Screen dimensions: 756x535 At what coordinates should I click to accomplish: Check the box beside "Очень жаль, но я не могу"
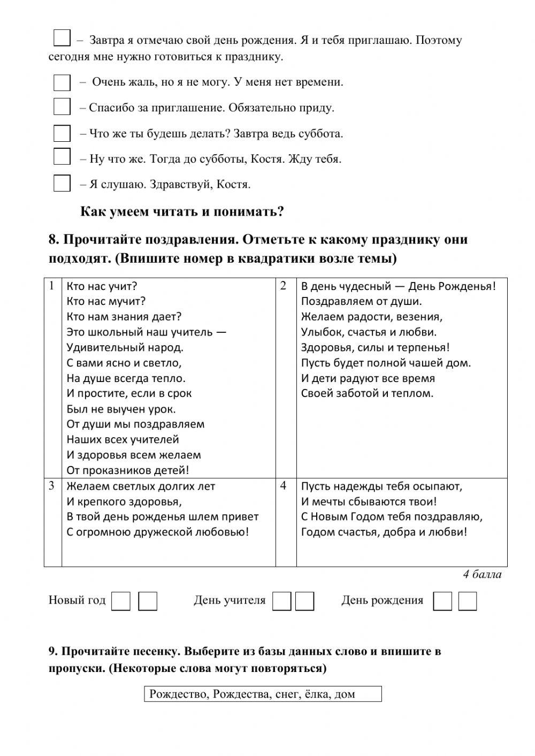click(62, 82)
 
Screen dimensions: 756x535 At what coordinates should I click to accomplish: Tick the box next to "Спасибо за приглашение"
click(62, 107)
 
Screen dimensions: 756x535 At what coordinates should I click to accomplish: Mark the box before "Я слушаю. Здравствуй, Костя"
click(62, 183)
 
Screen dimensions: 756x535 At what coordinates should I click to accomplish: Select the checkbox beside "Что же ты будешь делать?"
click(62, 133)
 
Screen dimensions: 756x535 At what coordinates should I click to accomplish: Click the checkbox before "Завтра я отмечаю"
click(62, 38)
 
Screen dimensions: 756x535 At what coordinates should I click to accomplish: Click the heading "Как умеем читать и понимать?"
click(182, 212)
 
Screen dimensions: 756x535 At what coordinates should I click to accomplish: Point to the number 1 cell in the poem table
click(52, 286)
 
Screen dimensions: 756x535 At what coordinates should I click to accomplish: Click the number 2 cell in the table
click(284, 286)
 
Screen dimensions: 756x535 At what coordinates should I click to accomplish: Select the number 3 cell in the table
click(52, 486)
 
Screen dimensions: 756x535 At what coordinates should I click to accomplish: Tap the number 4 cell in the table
click(284, 486)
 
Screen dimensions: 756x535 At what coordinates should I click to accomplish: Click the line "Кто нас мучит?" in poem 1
click(106, 301)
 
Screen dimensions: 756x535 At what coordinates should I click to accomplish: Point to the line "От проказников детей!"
click(128, 470)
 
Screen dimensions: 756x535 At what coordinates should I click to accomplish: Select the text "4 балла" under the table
click(482, 575)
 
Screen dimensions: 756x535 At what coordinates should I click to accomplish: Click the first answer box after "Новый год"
click(121, 601)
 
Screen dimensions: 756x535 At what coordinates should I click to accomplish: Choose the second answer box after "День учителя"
click(305, 601)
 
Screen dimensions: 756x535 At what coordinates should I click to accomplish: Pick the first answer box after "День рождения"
click(442, 601)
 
